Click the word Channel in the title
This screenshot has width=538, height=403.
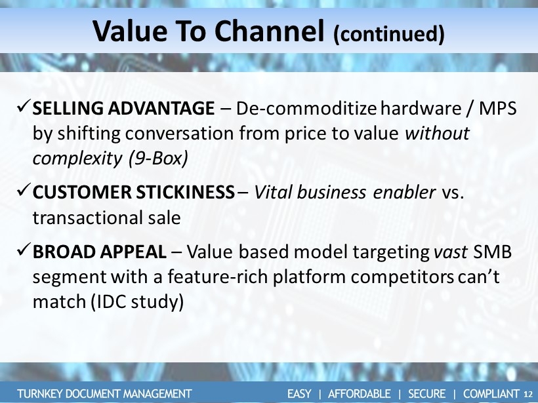[270, 31]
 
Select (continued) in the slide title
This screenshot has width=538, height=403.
[389, 34]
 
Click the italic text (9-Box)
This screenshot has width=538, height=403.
[158, 159]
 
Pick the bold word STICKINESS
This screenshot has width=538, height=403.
[185, 192]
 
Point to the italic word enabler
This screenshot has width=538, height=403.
[404, 192]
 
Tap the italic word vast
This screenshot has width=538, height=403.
[450, 252]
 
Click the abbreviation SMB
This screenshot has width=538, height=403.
[492, 252]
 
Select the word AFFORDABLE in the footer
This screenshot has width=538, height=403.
[360, 394]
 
